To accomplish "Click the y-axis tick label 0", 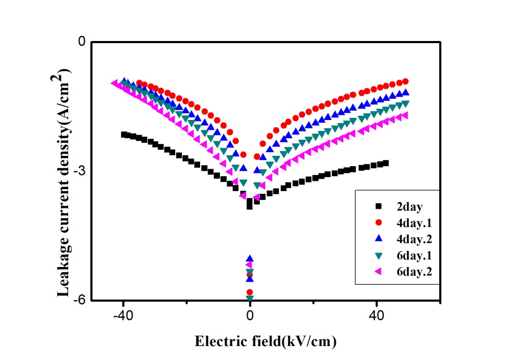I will click(x=82, y=42).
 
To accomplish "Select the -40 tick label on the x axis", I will click(x=123, y=315).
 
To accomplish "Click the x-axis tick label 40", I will click(x=377, y=315).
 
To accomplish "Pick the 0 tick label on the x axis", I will click(x=250, y=315).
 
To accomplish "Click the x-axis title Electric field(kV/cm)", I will click(x=266, y=341).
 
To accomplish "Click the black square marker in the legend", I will click(x=379, y=206).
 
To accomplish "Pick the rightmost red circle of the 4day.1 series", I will click(x=405, y=81).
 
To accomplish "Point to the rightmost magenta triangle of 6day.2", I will click(x=405, y=115).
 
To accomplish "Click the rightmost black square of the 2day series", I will click(x=386, y=163).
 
